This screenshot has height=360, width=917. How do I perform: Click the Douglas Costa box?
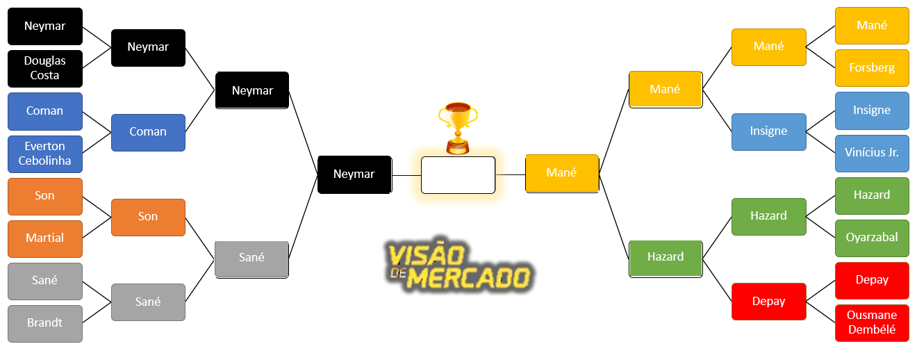(x=45, y=68)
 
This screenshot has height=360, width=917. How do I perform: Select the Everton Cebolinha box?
(x=45, y=154)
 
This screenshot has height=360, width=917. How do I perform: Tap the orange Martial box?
(x=45, y=238)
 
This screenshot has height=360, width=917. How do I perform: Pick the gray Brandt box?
(x=45, y=323)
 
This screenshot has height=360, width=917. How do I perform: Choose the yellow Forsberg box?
(x=872, y=68)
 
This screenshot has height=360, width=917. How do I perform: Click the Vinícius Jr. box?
(x=872, y=153)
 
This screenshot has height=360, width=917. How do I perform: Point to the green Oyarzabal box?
(x=872, y=238)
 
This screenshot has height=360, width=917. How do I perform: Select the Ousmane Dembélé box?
(x=872, y=323)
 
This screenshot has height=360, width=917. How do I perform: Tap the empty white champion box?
(x=458, y=174)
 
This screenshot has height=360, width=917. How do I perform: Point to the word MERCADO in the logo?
(x=469, y=279)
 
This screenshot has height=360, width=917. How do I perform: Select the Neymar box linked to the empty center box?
(x=354, y=174)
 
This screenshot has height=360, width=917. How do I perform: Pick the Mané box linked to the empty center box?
(x=562, y=173)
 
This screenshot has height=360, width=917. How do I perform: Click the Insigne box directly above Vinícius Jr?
(x=872, y=111)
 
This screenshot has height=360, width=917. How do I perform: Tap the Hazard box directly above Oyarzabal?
(x=872, y=195)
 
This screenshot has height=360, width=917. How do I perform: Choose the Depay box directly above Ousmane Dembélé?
(x=872, y=280)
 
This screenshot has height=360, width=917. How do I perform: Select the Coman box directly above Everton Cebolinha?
(x=45, y=111)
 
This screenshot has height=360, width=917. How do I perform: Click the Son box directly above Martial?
(x=45, y=196)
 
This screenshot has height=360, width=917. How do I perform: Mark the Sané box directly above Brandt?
(x=45, y=281)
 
